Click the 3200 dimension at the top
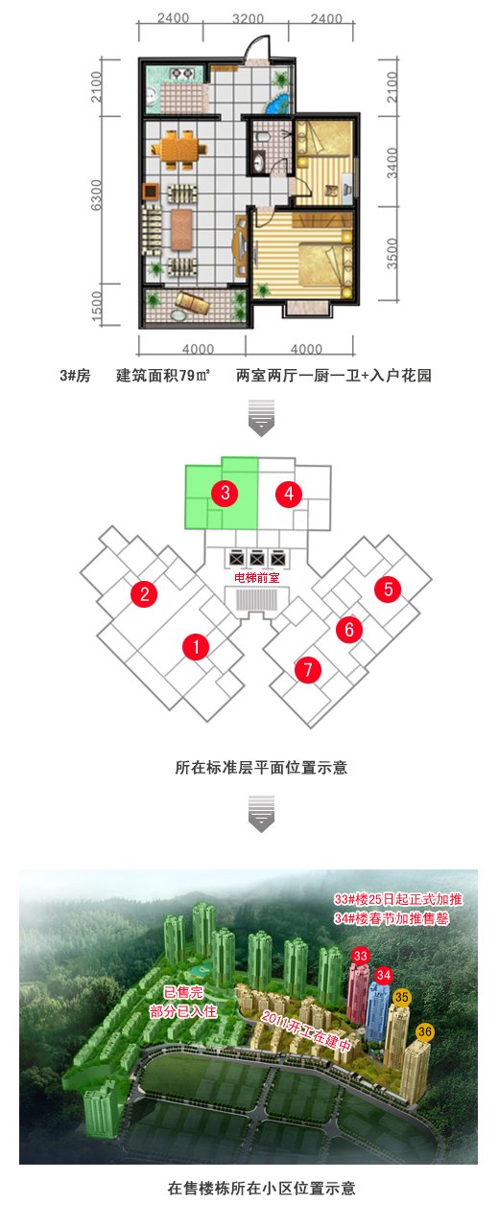[249, 18]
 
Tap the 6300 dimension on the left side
[96, 195]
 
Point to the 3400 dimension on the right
[392, 163]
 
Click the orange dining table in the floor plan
[179, 149]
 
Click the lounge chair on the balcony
[192, 303]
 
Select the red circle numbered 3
[226, 493]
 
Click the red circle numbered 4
[289, 495]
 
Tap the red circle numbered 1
[196, 647]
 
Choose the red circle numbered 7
[308, 669]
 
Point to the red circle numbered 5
[388, 590]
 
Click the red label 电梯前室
[256, 578]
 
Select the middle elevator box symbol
[257, 559]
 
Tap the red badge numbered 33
[361, 957]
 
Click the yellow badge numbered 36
[424, 1032]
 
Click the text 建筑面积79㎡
[163, 376]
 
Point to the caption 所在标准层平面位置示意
[261, 768]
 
